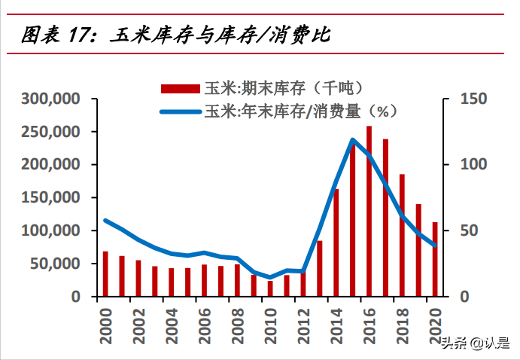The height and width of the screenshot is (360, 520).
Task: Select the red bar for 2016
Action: point(369,212)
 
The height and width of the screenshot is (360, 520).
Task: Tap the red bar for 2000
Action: point(105,274)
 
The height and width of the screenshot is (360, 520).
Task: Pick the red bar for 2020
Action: point(434,259)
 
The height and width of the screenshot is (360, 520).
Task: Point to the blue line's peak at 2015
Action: point(352,139)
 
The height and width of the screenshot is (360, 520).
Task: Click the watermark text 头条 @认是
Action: point(474,343)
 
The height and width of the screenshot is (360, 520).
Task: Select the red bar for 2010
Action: point(270,288)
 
